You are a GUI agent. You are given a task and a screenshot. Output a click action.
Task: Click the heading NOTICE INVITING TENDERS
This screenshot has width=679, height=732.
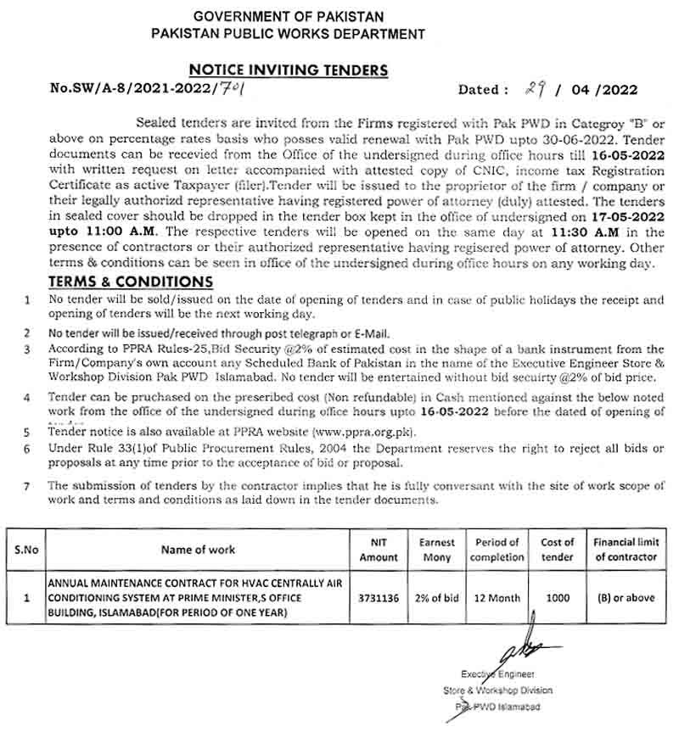tap(288, 70)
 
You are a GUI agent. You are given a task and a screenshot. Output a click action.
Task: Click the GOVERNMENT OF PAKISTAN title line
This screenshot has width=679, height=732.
tap(289, 17)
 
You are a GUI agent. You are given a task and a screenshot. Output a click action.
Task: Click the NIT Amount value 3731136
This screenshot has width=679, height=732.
tap(379, 598)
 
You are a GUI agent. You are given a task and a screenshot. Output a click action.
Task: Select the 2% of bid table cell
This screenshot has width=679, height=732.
tap(437, 598)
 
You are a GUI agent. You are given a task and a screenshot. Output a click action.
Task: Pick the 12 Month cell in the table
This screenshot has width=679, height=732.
tap(497, 598)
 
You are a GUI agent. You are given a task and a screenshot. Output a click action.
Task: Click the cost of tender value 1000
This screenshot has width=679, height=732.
tap(558, 598)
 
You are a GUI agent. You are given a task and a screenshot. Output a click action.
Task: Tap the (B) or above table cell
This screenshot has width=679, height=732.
tap(626, 598)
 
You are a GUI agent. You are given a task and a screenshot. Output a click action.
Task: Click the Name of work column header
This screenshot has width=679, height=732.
tap(199, 550)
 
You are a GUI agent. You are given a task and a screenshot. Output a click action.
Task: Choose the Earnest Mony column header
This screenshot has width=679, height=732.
tap(437, 550)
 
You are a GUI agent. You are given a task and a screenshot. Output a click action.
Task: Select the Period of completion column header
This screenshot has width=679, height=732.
tap(497, 550)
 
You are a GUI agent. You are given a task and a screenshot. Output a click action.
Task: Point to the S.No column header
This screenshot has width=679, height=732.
tap(26, 550)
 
